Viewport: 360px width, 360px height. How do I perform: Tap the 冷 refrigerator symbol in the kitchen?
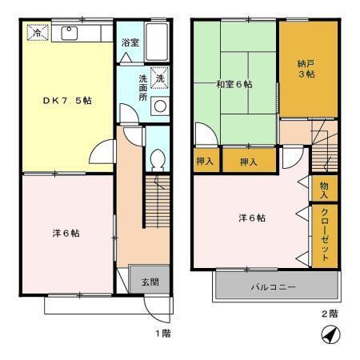pyautogui.click(x=36, y=34)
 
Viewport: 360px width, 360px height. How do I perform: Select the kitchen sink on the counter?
pyautogui.click(x=68, y=34)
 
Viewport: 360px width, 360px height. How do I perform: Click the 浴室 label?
pyautogui.click(x=130, y=42)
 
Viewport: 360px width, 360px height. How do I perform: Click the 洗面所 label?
pyautogui.click(x=142, y=87)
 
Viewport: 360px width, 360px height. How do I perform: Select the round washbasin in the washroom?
pyautogui.click(x=159, y=106)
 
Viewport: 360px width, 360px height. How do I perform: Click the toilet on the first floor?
pyautogui.click(x=158, y=158)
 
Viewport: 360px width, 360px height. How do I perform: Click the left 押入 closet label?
pyautogui.click(x=205, y=162)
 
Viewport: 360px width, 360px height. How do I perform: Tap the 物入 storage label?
pyautogui.click(x=324, y=189)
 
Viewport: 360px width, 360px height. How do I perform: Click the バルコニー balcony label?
pyautogui.click(x=274, y=286)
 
